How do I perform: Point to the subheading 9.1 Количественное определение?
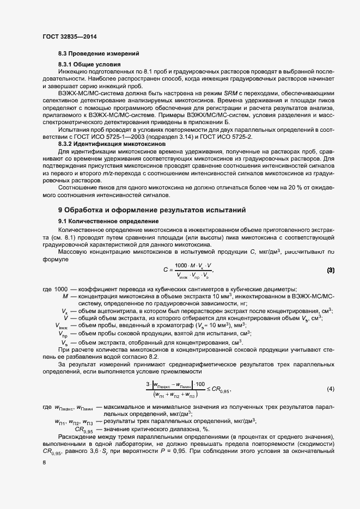108,222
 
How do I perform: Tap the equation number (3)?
330,270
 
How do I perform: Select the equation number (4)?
330,389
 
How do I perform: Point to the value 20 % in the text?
253,186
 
